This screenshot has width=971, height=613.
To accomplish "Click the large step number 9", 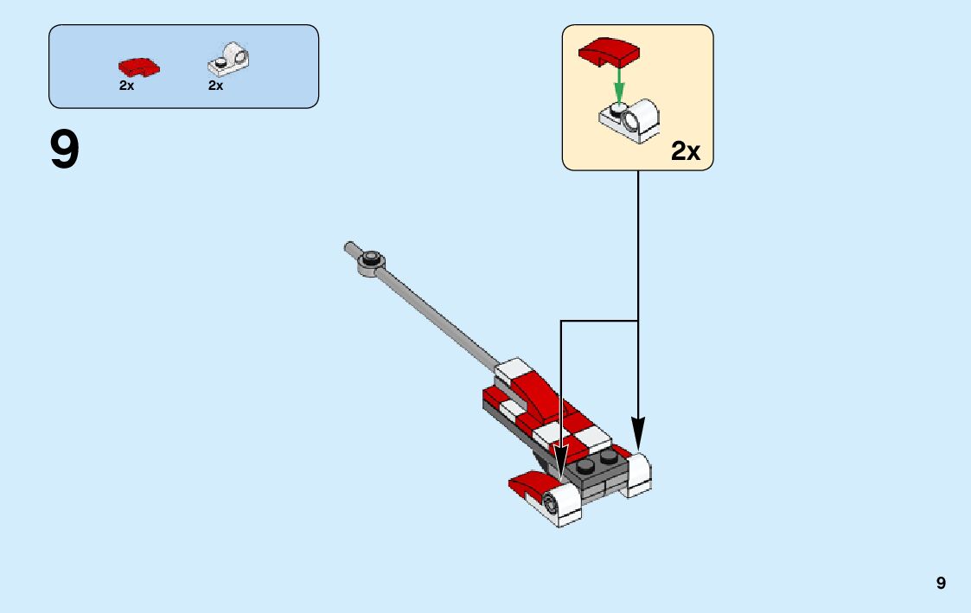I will coord(65,150).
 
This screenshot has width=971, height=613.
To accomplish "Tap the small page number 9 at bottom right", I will coord(941,584).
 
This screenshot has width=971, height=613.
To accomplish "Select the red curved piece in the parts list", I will coord(138,67).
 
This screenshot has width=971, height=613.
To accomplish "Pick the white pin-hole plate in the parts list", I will coord(229,61).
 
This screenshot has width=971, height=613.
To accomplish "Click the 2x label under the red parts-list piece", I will coord(127,86).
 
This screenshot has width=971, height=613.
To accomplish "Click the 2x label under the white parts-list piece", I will coord(216,86).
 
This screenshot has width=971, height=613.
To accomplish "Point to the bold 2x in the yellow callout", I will coord(686,151).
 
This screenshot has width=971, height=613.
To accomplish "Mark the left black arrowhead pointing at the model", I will coord(561,463).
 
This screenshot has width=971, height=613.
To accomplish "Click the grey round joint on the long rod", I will coord(372,258).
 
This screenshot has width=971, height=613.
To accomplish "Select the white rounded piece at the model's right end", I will coord(639,474).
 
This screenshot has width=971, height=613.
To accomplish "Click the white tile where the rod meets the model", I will coord(512,369).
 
